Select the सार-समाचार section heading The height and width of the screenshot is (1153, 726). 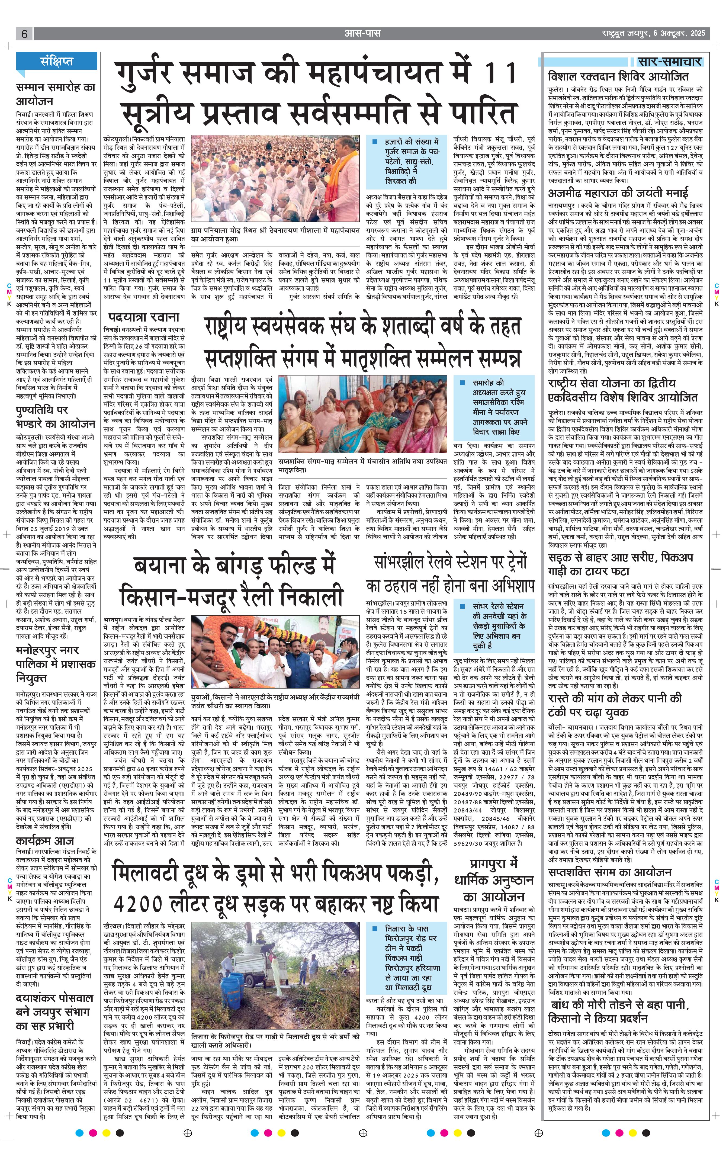(x=670, y=61)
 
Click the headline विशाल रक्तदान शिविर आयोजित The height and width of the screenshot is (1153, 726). (x=618, y=77)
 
